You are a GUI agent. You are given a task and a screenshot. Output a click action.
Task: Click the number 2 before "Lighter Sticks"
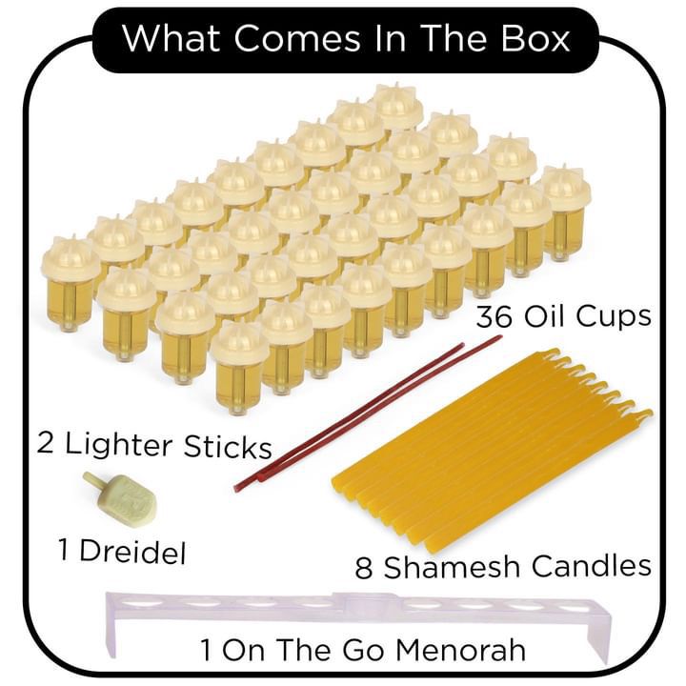click(x=46, y=445)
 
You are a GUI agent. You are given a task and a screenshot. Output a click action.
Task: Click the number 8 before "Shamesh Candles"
click(x=364, y=567)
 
